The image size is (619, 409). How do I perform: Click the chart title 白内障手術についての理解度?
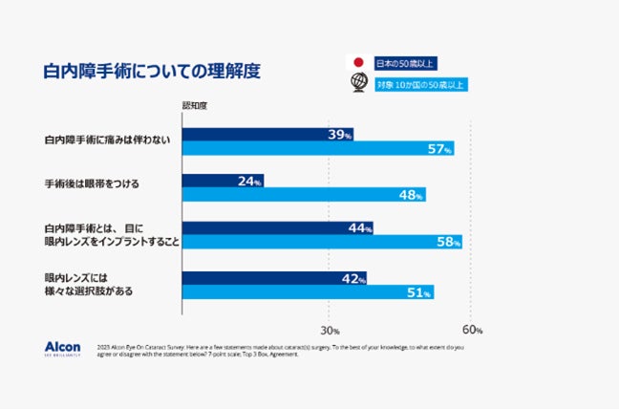coord(153,72)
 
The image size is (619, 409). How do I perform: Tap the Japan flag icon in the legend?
coord(359,63)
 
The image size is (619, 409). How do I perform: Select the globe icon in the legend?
coord(359,83)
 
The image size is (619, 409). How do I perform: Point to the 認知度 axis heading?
coord(196,105)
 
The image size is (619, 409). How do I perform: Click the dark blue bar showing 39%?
coord(267,135)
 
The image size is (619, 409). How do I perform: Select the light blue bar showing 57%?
coord(317,148)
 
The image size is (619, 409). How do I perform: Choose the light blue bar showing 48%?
coord(303,194)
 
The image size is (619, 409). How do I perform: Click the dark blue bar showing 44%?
coord(277,227)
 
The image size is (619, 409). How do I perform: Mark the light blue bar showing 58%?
coord(321,242)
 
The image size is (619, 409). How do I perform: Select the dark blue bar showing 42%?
coord(274,278)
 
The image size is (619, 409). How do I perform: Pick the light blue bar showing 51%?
coord(308,291)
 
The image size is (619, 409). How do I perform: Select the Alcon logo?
coord(62,348)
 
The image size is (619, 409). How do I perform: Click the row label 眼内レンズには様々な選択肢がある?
coord(85,284)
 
